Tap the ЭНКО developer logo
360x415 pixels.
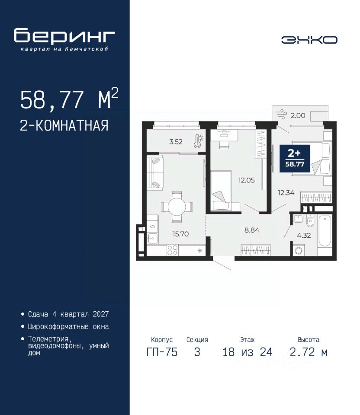click(x=309, y=40)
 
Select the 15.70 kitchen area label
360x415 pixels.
click(x=180, y=234)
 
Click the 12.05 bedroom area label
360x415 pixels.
click(x=246, y=180)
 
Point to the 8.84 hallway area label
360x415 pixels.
click(x=252, y=230)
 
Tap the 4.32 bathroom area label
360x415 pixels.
click(x=304, y=235)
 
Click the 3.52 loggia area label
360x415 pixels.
click(x=176, y=142)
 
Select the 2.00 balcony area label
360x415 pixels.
click(x=298, y=115)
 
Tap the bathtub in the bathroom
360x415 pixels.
click(x=325, y=231)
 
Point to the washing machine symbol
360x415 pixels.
click(x=299, y=250)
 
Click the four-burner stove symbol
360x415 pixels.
click(x=173, y=250)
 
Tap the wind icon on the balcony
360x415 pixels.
click(x=282, y=115)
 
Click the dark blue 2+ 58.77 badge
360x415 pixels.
click(x=295, y=159)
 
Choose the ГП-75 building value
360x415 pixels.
click(x=162, y=352)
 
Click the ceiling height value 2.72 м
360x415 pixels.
click(x=309, y=352)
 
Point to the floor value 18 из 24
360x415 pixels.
click(x=247, y=352)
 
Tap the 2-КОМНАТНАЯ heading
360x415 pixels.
click(x=64, y=125)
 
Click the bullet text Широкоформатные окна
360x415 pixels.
click(x=68, y=327)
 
